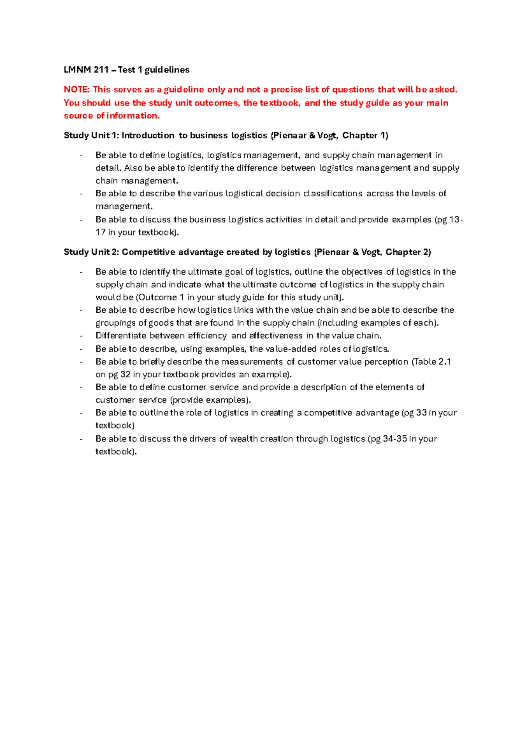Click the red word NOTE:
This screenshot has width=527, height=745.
click(x=77, y=90)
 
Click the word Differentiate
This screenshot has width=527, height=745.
click(x=121, y=336)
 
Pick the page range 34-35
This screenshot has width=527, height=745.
click(x=395, y=439)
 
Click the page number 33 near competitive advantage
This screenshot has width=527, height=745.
click(x=421, y=413)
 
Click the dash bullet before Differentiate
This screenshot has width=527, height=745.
click(x=81, y=336)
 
